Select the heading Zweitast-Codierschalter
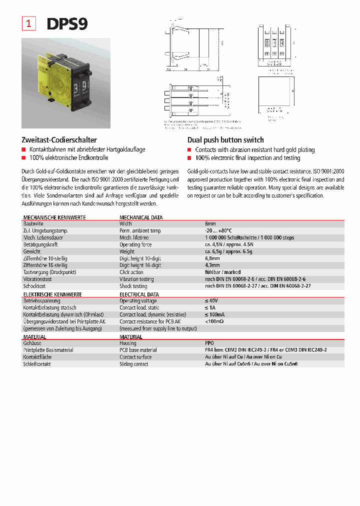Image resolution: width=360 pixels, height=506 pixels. tap(59, 140)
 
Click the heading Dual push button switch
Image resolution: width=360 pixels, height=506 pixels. tap(225, 140)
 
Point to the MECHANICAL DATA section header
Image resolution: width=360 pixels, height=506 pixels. tap(141, 217)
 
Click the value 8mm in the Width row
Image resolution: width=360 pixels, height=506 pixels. tap(210, 223)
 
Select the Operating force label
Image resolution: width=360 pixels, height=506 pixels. tap(135, 244)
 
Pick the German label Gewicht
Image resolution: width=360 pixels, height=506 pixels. tap(32, 251)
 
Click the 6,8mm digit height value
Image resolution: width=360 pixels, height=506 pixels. tap(212, 258)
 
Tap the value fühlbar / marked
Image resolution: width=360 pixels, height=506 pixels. tap(222, 272)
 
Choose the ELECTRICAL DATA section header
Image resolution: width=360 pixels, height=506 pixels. tap(139, 294)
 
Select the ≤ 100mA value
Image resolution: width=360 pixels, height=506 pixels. tap(215, 314)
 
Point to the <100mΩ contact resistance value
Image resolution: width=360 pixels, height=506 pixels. tap(214, 321)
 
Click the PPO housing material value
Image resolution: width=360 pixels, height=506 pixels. tap(209, 343)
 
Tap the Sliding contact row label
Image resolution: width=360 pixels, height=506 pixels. tap(134, 364)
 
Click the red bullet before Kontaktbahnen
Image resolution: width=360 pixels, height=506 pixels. tap(23, 149)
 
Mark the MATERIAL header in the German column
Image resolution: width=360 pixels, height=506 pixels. tap(35, 337)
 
